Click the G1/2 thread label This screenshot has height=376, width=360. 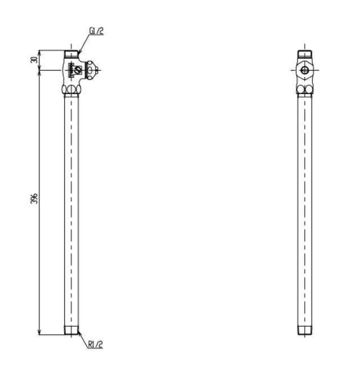96,31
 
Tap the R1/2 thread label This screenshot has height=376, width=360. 96,344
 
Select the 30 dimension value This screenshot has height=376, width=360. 34,60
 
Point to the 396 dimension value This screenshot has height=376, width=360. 34,198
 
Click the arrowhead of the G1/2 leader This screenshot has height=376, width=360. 79,52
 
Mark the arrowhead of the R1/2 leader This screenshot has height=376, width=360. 79,333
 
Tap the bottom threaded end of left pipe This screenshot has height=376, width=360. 71,330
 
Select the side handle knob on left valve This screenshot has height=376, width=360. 91,70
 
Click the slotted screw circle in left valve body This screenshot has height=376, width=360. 78,70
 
